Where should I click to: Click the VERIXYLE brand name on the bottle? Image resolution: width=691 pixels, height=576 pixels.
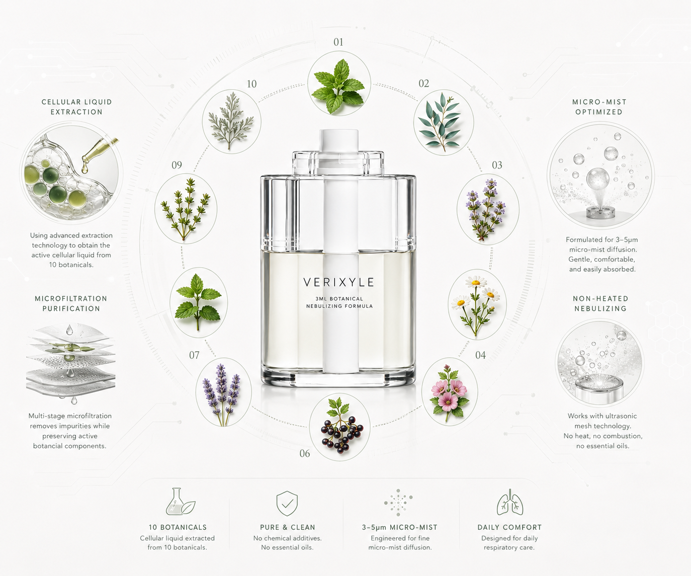[338, 282]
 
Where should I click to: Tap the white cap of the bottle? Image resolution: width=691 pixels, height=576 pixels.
[338, 140]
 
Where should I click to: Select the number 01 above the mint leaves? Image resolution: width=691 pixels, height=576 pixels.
[338, 42]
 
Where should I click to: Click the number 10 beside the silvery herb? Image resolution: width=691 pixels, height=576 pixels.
[251, 84]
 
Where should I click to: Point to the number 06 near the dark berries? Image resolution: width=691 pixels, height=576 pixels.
[304, 453]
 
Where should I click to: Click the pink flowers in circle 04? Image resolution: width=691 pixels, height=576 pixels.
[449, 392]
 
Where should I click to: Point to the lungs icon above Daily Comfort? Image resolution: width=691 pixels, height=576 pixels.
[509, 502]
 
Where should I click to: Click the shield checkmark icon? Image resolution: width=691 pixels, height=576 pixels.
[287, 503]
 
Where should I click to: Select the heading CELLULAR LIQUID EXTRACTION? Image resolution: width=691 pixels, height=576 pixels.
[76, 107]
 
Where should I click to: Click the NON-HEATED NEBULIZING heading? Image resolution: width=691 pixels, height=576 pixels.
[600, 303]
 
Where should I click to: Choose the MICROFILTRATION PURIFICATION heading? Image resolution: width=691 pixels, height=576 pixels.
[71, 303]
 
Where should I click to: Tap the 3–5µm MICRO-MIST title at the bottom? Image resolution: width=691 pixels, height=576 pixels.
[400, 527]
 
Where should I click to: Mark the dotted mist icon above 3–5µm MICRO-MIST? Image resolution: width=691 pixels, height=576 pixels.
[398, 502]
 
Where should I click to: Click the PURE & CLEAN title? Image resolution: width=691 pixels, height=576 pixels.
[288, 527]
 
